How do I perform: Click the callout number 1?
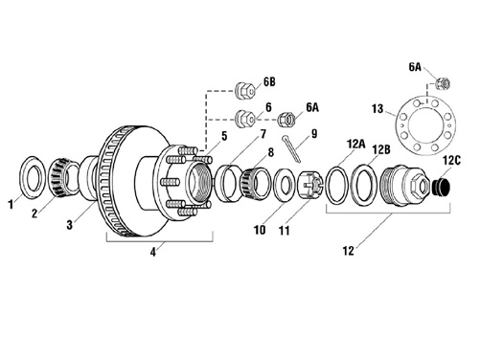pyautogui.click(x=11, y=204)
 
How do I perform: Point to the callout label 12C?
pyautogui.click(x=451, y=161)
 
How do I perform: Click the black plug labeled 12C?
pyautogui.click(x=441, y=188)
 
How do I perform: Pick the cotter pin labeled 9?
pyautogui.click(x=291, y=148)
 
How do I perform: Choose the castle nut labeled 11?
pyautogui.click(x=309, y=187)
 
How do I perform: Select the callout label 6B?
pyautogui.click(x=269, y=81)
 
